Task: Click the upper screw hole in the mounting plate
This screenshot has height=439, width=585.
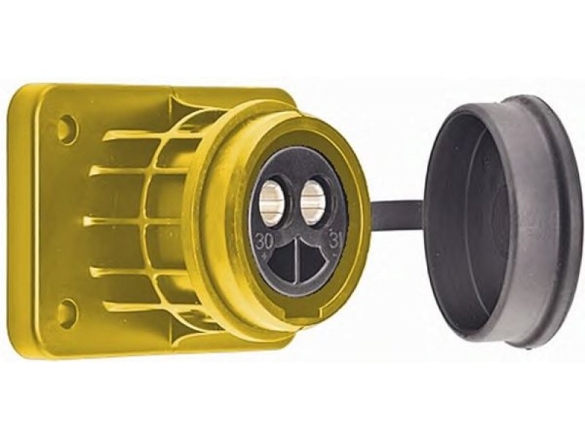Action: [x=68, y=125]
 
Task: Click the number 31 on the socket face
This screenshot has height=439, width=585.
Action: [x=333, y=239]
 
